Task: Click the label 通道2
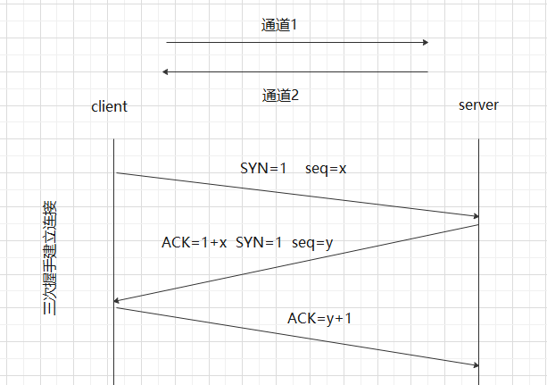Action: (280, 95)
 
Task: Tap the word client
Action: (109, 106)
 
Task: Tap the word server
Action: (478, 105)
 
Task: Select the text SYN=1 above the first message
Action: (263, 168)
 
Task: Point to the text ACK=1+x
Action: (195, 242)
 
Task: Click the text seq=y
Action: (313, 242)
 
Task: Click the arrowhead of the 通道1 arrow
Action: (426, 42)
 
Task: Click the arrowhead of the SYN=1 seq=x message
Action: (477, 216)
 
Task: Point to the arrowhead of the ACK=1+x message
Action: (118, 302)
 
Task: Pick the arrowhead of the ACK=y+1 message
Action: (477, 364)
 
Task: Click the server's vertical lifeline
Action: (480, 286)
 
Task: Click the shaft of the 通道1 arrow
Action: (294, 42)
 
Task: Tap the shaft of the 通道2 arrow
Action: (294, 72)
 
